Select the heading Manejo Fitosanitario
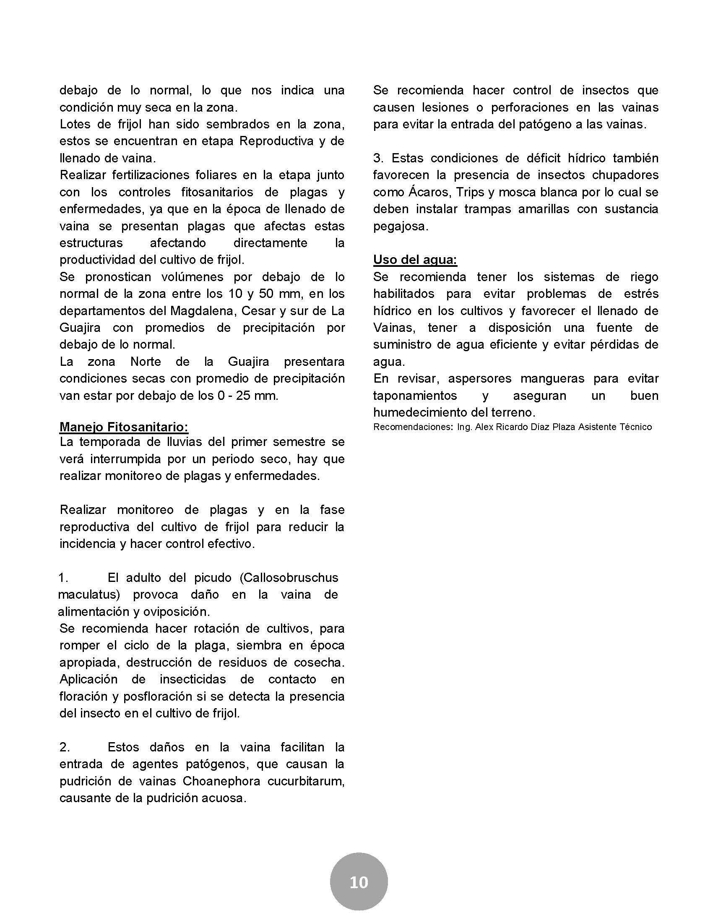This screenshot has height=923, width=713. tap(124, 427)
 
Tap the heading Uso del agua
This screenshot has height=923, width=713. tap(415, 259)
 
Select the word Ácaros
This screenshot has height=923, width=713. tap(427, 192)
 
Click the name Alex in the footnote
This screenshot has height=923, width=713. tap(484, 427)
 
